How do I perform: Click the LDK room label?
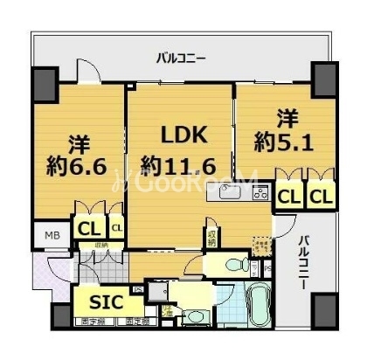coord(184,136)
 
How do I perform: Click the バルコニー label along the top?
coord(181,59)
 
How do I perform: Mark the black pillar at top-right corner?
coord(324,77)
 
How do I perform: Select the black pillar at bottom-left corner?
coord(60,315)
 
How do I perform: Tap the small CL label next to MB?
coord(116,230)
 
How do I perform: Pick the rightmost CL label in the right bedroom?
coord(321,197)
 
